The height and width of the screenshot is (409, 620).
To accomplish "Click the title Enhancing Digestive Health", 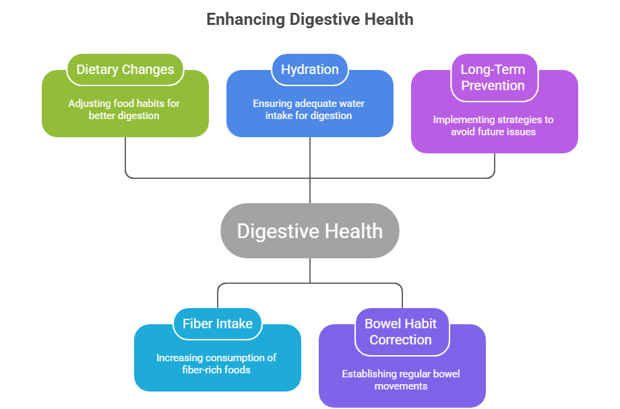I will pyautogui.click(x=309, y=19).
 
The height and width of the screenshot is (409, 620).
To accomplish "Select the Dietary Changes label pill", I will pyautogui.click(x=125, y=69).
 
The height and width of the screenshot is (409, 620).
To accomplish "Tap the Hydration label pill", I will pyautogui.click(x=309, y=69).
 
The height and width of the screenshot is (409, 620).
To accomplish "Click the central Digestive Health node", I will pyautogui.click(x=309, y=231).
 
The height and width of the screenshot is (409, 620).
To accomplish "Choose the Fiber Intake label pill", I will pyautogui.click(x=217, y=324).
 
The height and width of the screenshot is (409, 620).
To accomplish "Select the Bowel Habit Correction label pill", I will pyautogui.click(x=400, y=332).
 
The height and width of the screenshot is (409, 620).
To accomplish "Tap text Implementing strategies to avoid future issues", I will pyautogui.click(x=493, y=126).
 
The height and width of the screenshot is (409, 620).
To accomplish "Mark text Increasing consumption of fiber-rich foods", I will pyautogui.click(x=216, y=363).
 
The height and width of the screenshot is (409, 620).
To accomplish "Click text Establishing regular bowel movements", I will pyautogui.click(x=400, y=379).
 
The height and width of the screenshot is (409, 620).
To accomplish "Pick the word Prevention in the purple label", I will pyautogui.click(x=493, y=85).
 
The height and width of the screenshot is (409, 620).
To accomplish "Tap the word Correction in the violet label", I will pyautogui.click(x=400, y=340).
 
